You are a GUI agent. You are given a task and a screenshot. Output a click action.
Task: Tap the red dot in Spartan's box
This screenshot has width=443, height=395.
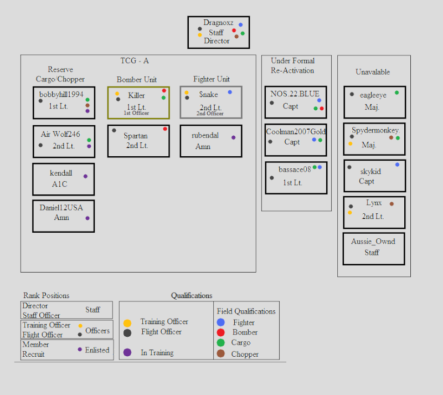click(x=165, y=129)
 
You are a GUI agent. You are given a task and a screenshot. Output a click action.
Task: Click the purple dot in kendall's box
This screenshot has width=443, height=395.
click(x=85, y=176)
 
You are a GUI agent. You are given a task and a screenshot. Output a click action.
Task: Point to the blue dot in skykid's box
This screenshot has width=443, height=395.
click(x=397, y=165)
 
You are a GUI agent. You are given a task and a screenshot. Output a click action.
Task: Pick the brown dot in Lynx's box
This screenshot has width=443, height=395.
click(x=392, y=203)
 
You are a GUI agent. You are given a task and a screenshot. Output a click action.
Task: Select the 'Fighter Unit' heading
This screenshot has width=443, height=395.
click(x=212, y=79)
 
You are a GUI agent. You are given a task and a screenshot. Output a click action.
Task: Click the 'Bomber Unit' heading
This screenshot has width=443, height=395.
click(x=137, y=79)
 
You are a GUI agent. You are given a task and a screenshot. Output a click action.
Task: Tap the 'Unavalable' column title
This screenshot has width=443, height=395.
click(x=373, y=72)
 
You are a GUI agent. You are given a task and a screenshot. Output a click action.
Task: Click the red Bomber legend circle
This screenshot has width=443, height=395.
click(x=220, y=332)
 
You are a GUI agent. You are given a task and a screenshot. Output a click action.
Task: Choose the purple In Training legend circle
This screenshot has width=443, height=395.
click(x=127, y=352)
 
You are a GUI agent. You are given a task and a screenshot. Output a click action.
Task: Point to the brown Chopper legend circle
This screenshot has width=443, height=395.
click(x=220, y=353)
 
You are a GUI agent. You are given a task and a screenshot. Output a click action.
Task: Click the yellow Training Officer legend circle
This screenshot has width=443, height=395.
click(x=127, y=323)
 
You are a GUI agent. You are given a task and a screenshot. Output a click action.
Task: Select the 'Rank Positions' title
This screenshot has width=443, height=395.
click(x=47, y=295)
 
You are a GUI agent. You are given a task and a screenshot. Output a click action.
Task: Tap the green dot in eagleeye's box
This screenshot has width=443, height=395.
click(x=396, y=93)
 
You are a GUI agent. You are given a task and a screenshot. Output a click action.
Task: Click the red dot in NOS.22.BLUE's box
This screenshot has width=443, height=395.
click(x=322, y=108)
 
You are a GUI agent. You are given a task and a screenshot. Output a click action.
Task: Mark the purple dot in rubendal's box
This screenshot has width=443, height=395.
click(x=233, y=137)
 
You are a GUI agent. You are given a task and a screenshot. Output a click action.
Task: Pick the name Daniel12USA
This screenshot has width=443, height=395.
click(x=61, y=208)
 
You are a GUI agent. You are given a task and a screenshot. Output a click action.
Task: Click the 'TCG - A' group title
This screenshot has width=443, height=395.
click(x=135, y=61)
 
